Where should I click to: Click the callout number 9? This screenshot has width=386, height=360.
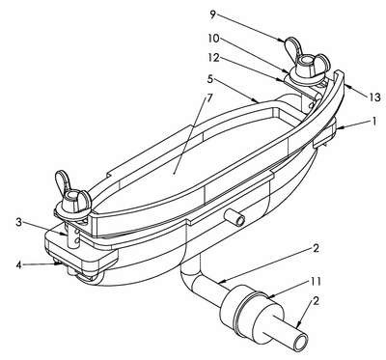tap(212, 14)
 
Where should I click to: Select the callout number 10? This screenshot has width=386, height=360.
tap(213, 39)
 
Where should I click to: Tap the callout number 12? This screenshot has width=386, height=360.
tap(213, 58)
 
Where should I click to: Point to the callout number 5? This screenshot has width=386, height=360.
tap(210, 79)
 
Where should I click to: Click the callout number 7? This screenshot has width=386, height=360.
tap(209, 98)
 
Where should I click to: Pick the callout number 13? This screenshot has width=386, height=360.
tap(374, 97)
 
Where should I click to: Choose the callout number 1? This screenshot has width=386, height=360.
tap(373, 121)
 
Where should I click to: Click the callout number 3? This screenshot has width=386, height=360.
tap(19, 222)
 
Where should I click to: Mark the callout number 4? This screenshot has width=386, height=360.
tap(19, 265)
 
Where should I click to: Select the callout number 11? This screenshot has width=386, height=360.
tap(316, 281)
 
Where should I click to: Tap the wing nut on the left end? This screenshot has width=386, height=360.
tap(73, 197)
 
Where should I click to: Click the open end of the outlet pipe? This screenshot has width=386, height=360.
tap(301, 343)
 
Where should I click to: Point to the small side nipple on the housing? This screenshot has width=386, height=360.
tap(236, 218)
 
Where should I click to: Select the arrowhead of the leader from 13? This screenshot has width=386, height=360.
tap(349, 86)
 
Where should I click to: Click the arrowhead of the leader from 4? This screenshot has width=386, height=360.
tap(59, 263)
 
